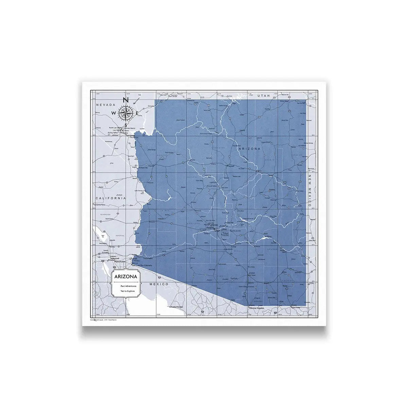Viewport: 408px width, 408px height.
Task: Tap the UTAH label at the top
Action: coord(264,96)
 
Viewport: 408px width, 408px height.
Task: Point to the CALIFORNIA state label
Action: coord(111,198)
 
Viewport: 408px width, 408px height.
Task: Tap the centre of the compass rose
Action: coord(125,113)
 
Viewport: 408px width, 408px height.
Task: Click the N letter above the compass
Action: coord(125,100)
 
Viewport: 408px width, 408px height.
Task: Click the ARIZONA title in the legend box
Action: coord(126,276)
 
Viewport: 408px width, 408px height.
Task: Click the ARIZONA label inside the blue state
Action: coord(249,149)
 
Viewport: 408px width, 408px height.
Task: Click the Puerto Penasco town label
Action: coord(177,307)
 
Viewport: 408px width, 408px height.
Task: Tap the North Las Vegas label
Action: coord(114,128)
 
